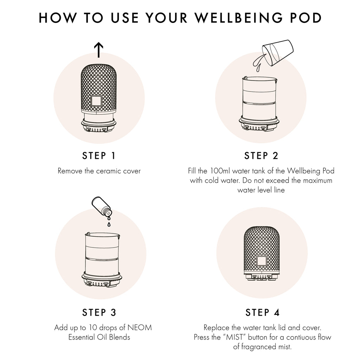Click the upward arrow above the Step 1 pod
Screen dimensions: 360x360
coord(99,50)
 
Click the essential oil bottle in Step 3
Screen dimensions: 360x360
coord(101,206)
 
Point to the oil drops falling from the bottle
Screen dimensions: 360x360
coord(109,222)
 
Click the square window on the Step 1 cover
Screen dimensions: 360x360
coord(96,101)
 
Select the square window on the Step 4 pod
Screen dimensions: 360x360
coord(262,261)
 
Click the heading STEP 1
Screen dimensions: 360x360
coord(99,155)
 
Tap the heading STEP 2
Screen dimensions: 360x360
coord(261,155)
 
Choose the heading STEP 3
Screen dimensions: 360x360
coord(99,312)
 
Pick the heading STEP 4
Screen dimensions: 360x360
coord(262,312)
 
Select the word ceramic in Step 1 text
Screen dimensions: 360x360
coord(106,171)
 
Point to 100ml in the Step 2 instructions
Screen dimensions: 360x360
coord(220,171)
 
